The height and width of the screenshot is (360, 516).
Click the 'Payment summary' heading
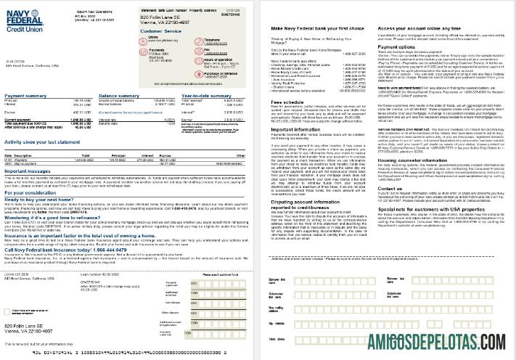pyautogui.click(x=25, y=95)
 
